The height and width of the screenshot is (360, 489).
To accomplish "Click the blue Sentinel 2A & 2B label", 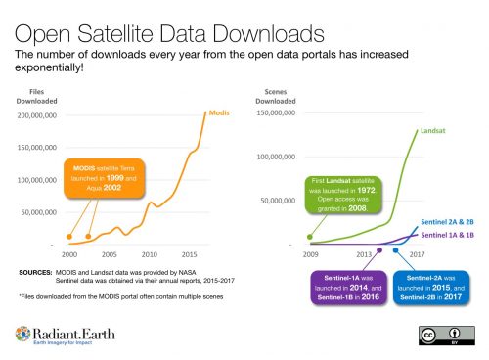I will [x=447, y=222].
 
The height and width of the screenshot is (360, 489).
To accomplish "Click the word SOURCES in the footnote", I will [x=37, y=269].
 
